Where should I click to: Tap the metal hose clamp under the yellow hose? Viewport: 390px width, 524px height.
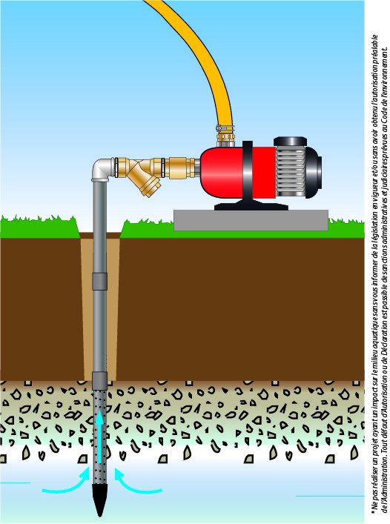[x=225, y=128]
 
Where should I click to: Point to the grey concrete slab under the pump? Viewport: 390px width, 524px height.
[x=251, y=220]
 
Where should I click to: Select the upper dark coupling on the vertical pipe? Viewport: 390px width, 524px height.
[x=99, y=281]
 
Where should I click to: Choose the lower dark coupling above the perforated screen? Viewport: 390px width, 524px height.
[x=99, y=381]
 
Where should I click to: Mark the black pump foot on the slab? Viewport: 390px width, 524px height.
[x=251, y=205]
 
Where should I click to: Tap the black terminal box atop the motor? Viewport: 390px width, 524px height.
[x=291, y=141]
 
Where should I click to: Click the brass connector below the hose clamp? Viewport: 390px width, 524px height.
[x=225, y=139]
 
